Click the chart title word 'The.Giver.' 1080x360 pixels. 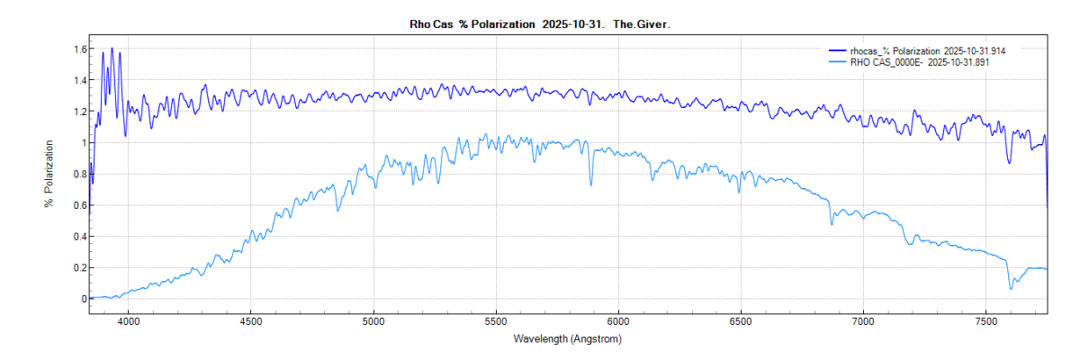click(642, 24)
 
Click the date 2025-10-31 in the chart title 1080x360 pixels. click(572, 24)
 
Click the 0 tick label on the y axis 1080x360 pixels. click(81, 299)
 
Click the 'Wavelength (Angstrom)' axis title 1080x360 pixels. click(567, 339)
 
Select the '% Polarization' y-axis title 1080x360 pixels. click(49, 174)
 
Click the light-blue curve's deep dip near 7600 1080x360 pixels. click(1011, 288)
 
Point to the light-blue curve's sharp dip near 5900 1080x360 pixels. click(591, 184)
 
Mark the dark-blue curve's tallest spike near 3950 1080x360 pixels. click(112, 49)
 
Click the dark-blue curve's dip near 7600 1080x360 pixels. click(1010, 162)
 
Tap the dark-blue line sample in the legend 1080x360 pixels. click(839, 51)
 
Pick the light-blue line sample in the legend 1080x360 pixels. click(839, 63)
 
